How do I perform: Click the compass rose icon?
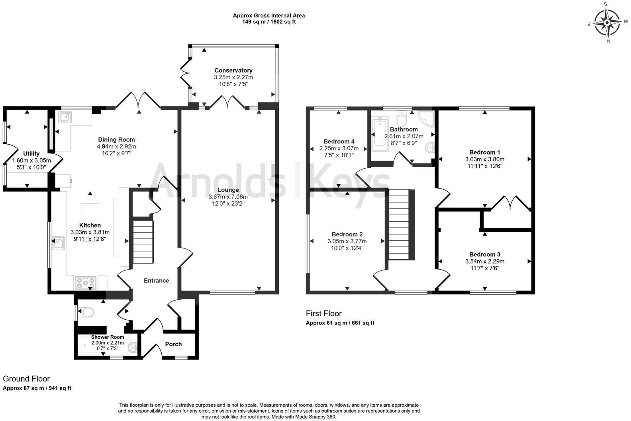click(607, 23)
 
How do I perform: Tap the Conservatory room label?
click(233, 71)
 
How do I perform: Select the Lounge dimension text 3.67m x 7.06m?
click(228, 197)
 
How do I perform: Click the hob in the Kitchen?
click(86, 283)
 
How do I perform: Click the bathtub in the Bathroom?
click(380, 132)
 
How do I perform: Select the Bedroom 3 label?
click(484, 255)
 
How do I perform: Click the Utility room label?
click(31, 153)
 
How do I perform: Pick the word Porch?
click(173, 344)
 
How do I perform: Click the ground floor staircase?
click(143, 242)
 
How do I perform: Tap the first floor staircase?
click(399, 224)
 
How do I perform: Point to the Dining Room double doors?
click(138, 100)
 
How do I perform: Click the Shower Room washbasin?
click(133, 348)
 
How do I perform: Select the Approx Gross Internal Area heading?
click(269, 16)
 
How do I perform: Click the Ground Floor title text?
click(26, 379)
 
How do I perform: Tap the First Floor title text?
click(324, 314)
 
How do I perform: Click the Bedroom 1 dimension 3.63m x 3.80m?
click(485, 159)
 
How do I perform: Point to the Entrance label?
click(156, 281)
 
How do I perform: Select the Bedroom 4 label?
click(339, 142)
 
